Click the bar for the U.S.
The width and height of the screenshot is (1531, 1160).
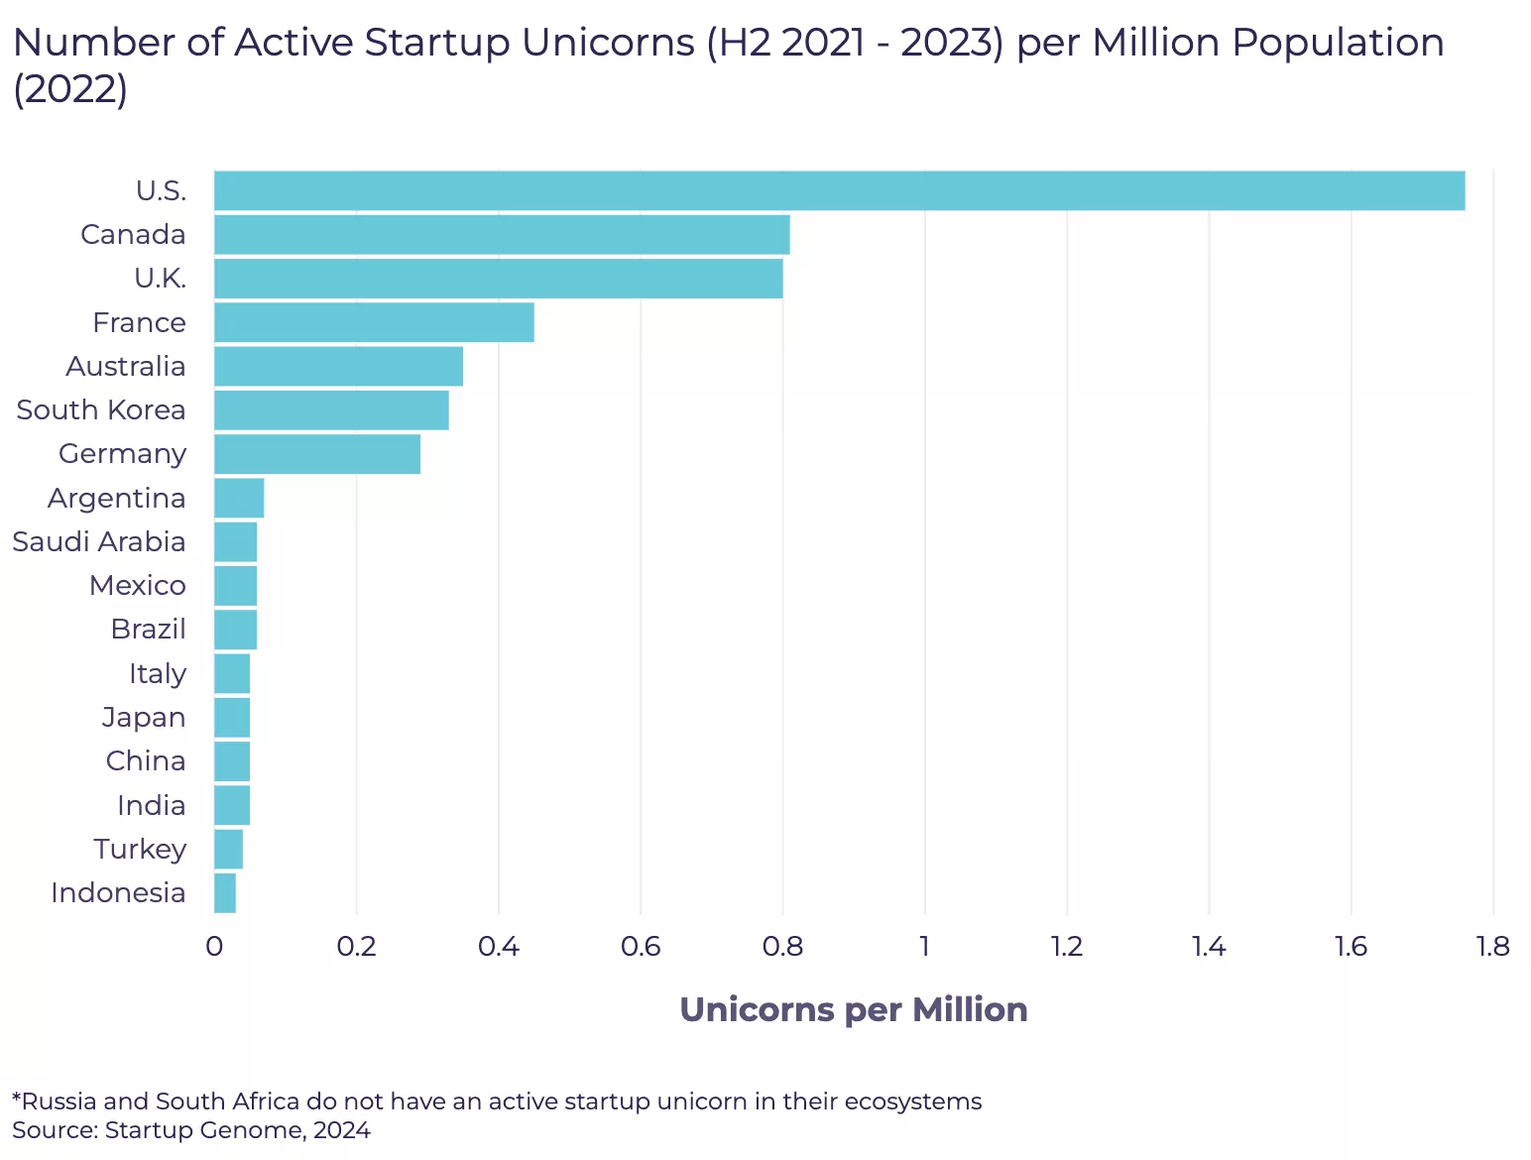pyautogui.click(x=839, y=190)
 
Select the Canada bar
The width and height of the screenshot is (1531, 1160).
pyautogui.click(x=502, y=235)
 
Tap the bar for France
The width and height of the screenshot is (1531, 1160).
pyautogui.click(x=374, y=322)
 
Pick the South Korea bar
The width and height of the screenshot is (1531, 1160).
pyautogui.click(x=331, y=409)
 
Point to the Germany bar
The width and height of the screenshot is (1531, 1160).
pyautogui.click(x=317, y=453)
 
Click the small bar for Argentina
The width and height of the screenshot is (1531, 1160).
pyautogui.click(x=239, y=498)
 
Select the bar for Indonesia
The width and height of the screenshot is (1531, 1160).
pyautogui.click(x=225, y=892)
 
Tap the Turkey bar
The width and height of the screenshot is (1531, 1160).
pyautogui.click(x=228, y=849)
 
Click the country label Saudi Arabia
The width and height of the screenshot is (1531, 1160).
pyautogui.click(x=99, y=541)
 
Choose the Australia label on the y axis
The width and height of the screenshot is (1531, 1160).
pyautogui.click(x=126, y=366)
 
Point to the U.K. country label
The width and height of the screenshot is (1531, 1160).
pyautogui.click(x=160, y=279)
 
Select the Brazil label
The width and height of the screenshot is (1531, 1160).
pyautogui.click(x=149, y=629)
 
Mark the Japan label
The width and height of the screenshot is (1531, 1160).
pyautogui.click(x=144, y=717)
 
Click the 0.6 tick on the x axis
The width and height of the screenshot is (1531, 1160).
pyautogui.click(x=641, y=946)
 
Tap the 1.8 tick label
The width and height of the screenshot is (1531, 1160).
pyautogui.click(x=1492, y=946)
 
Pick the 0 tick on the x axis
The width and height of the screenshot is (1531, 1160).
pyautogui.click(x=214, y=946)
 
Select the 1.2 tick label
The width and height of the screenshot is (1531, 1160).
pyautogui.click(x=1067, y=946)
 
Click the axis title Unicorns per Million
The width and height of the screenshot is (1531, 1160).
pyautogui.click(x=854, y=1009)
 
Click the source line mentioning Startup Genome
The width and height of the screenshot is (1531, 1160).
pyautogui.click(x=191, y=1130)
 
